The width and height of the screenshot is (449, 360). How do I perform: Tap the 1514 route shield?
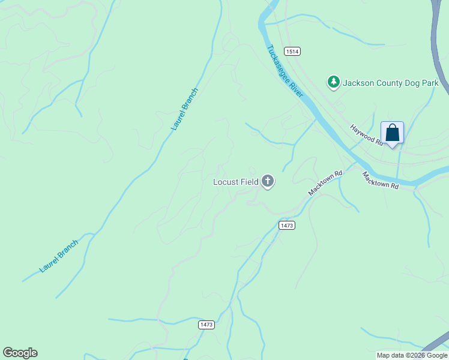click(x=292, y=52)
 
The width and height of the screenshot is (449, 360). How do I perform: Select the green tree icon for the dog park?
click(x=333, y=82)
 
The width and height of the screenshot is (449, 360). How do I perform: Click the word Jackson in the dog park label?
click(x=358, y=83)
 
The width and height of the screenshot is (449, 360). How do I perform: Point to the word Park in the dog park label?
click(x=430, y=83)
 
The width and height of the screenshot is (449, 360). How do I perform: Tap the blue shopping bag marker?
click(x=392, y=133)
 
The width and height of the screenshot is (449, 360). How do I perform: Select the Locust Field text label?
click(x=236, y=182)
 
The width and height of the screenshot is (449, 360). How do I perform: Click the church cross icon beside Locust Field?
click(x=267, y=181)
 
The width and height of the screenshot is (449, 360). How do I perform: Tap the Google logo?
click(x=20, y=353)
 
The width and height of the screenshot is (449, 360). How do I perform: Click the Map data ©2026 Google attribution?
click(x=412, y=355)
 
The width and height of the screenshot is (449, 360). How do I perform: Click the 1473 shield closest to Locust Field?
click(x=287, y=225)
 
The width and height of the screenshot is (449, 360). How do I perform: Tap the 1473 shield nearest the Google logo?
click(x=206, y=325)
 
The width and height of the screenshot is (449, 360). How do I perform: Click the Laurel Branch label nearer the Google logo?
click(x=59, y=257)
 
